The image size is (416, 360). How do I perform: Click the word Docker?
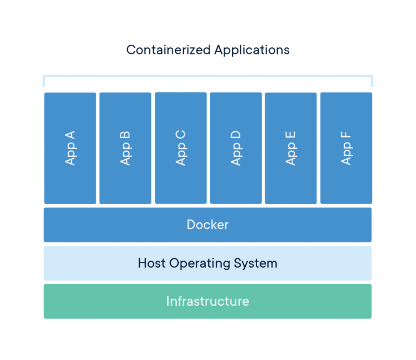[208, 224]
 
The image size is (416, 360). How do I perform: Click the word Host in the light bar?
[152, 263]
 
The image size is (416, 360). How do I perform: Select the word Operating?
[200, 264]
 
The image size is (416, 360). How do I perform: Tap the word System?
[255, 264]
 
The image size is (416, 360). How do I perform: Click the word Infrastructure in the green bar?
[208, 301]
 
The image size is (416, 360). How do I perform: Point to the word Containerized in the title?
[168, 50]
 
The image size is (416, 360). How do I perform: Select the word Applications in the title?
[252, 50]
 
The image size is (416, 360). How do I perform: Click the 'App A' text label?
[70, 148]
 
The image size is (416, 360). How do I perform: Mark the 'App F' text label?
[346, 148]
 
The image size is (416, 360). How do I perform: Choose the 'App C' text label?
[181, 148]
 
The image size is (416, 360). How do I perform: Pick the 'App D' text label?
[236, 148]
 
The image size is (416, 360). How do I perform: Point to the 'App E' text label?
[290, 148]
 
